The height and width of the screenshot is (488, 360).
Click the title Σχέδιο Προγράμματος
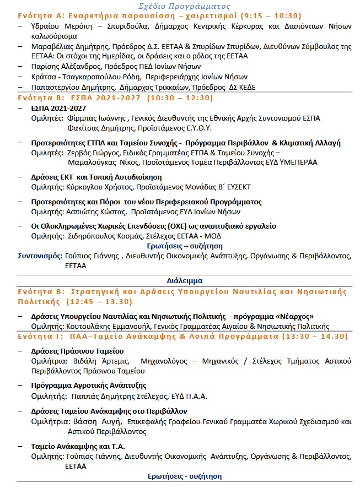(180, 6)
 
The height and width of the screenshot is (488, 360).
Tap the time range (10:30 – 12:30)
(179, 98)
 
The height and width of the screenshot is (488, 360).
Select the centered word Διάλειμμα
(185, 280)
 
